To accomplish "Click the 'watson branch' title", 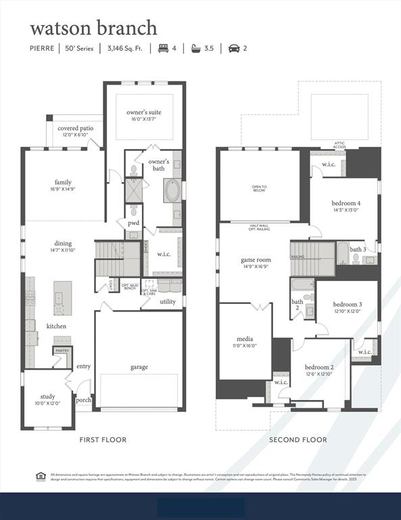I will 93,28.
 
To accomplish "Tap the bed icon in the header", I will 162,48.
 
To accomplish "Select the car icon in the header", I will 233,48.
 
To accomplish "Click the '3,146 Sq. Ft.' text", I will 126,48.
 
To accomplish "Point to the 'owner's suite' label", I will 144,112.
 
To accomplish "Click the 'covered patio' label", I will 75,128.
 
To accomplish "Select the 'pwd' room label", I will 133,222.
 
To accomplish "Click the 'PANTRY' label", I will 62,350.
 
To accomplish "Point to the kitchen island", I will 63,295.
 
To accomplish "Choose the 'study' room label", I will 47,397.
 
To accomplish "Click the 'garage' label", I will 139,367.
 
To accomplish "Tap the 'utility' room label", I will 168,301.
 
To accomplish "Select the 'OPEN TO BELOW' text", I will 260,189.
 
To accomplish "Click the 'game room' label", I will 256,260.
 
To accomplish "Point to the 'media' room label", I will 245,339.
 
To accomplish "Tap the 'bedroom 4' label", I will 346,203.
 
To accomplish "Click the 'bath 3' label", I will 358,250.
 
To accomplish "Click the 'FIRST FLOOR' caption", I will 103,440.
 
